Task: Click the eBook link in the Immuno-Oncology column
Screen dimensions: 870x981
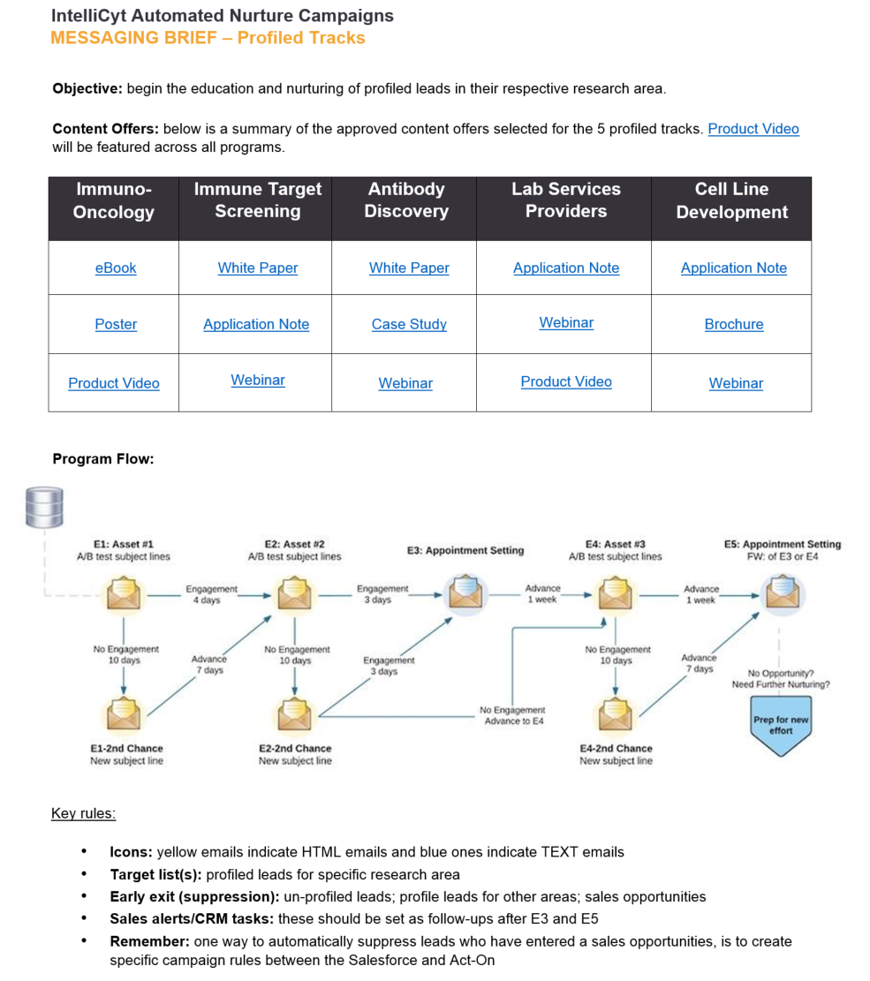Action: point(116,268)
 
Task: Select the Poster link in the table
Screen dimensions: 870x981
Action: point(116,324)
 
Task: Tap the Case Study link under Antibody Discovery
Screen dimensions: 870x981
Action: point(409,324)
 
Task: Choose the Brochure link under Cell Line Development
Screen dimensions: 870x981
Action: point(734,324)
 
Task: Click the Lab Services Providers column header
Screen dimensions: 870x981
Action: point(566,200)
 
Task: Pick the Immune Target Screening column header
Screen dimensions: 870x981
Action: point(258,200)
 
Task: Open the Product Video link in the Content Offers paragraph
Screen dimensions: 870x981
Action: point(753,129)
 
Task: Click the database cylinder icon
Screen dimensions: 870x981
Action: point(44,508)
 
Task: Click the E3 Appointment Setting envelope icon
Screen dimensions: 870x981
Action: point(466,592)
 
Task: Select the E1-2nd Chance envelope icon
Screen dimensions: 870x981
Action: point(124,713)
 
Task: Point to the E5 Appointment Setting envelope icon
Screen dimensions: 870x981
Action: point(783,592)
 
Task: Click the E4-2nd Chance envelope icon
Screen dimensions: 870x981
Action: point(616,713)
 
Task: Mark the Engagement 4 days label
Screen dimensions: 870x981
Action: point(212,594)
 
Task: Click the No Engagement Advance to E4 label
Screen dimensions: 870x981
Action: point(512,716)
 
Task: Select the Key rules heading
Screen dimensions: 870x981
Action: point(83,813)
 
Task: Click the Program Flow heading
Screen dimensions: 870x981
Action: point(103,459)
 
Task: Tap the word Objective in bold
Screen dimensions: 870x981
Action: point(87,89)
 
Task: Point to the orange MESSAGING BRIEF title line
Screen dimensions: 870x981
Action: point(208,38)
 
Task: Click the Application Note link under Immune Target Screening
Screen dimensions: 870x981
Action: point(256,324)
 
